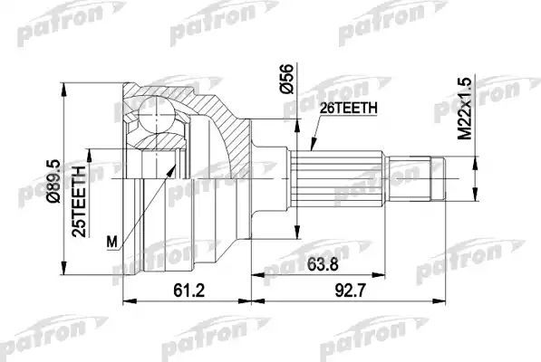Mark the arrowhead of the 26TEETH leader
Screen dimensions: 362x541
pos(311,148)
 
